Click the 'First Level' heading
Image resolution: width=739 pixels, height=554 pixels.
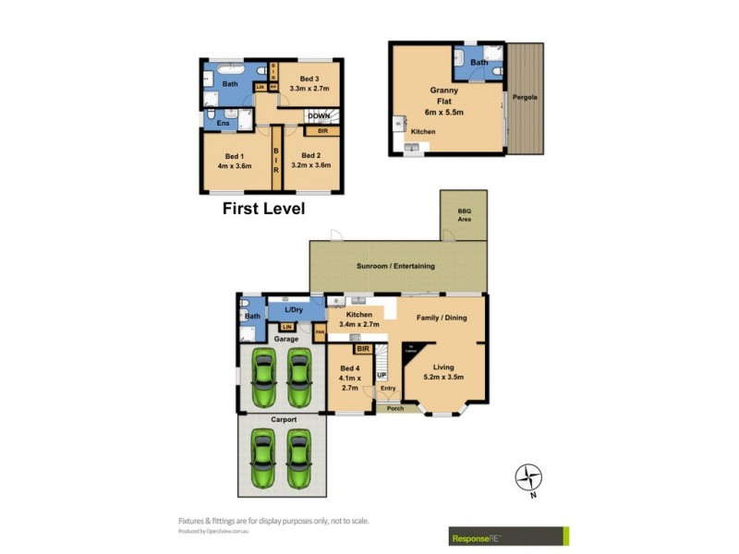click(263, 209)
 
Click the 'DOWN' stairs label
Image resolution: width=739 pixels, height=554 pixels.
click(321, 115)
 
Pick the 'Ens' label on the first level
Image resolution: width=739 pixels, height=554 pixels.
click(223, 123)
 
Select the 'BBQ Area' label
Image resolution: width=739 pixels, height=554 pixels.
click(464, 216)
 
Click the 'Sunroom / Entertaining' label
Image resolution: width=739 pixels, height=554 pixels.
click(395, 266)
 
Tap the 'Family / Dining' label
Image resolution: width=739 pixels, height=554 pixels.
click(441, 318)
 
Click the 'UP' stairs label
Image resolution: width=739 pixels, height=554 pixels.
click(381, 376)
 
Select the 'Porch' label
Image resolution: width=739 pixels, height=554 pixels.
click(395, 408)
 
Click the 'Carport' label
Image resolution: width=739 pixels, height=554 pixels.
click(284, 419)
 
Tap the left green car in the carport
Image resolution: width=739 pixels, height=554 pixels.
click(265, 461)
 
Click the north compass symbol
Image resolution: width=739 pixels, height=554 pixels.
click(529, 477)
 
